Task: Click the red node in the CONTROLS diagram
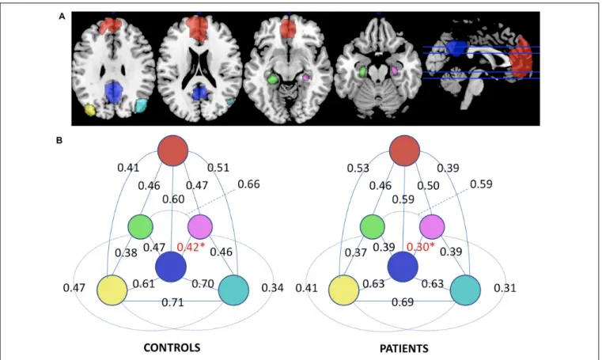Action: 172,150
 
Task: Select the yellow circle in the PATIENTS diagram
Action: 344,290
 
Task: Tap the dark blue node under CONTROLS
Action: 171,267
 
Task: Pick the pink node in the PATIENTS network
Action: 432,227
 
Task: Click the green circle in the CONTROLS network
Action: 141,227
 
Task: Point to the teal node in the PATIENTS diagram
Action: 465,290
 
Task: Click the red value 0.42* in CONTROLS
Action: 191,247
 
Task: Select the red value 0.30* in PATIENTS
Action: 420,247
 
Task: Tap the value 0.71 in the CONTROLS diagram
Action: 172,302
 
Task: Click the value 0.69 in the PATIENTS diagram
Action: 403,302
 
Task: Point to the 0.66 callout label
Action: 248,184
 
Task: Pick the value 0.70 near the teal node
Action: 203,283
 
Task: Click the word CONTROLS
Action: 172,347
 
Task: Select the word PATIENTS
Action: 404,348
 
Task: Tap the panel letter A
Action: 62,16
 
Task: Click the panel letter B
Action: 59,141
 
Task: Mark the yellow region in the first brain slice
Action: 89,110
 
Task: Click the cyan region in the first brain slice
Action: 141,105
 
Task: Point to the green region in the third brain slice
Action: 273,79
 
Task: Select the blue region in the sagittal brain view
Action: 456,48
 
